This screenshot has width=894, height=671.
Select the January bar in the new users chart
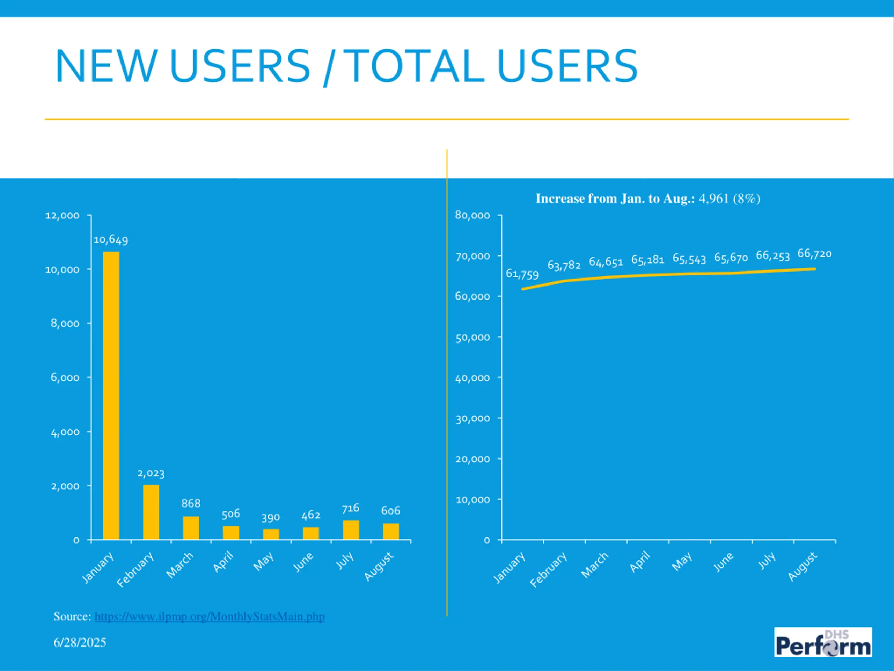click(111, 395)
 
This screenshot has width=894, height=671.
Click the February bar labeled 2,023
click(151, 512)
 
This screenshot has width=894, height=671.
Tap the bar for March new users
click(191, 527)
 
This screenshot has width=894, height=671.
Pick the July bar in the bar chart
click(351, 529)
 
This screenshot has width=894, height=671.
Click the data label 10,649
click(111, 240)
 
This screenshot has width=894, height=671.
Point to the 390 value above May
click(270, 518)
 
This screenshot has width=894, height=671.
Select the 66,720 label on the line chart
click(814, 254)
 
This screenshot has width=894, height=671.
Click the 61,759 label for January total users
click(522, 274)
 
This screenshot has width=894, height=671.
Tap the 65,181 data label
click(647, 259)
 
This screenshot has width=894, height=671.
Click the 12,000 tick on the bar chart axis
click(62, 216)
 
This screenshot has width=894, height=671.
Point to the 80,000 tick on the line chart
click(472, 215)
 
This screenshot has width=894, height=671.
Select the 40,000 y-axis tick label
click(472, 378)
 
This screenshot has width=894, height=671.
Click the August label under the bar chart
click(378, 566)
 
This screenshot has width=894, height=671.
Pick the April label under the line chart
click(640, 562)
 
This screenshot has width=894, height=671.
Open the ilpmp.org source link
click(209, 616)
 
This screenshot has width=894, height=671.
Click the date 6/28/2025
click(80, 642)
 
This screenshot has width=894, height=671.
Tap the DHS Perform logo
click(823, 642)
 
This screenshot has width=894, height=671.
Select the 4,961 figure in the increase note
click(713, 199)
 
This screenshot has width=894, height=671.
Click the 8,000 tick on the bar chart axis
click(65, 324)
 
